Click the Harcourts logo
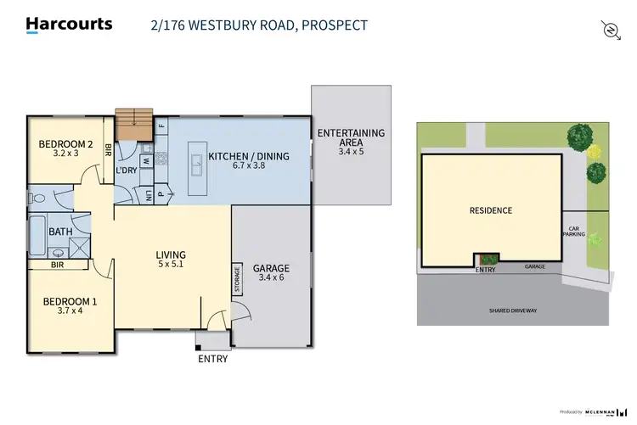[69, 25]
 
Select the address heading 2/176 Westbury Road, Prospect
[257, 25]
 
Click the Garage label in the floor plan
[272, 273]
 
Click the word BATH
[60, 232]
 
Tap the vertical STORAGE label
[238, 280]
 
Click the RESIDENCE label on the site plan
[492, 210]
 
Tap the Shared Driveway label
[512, 310]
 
